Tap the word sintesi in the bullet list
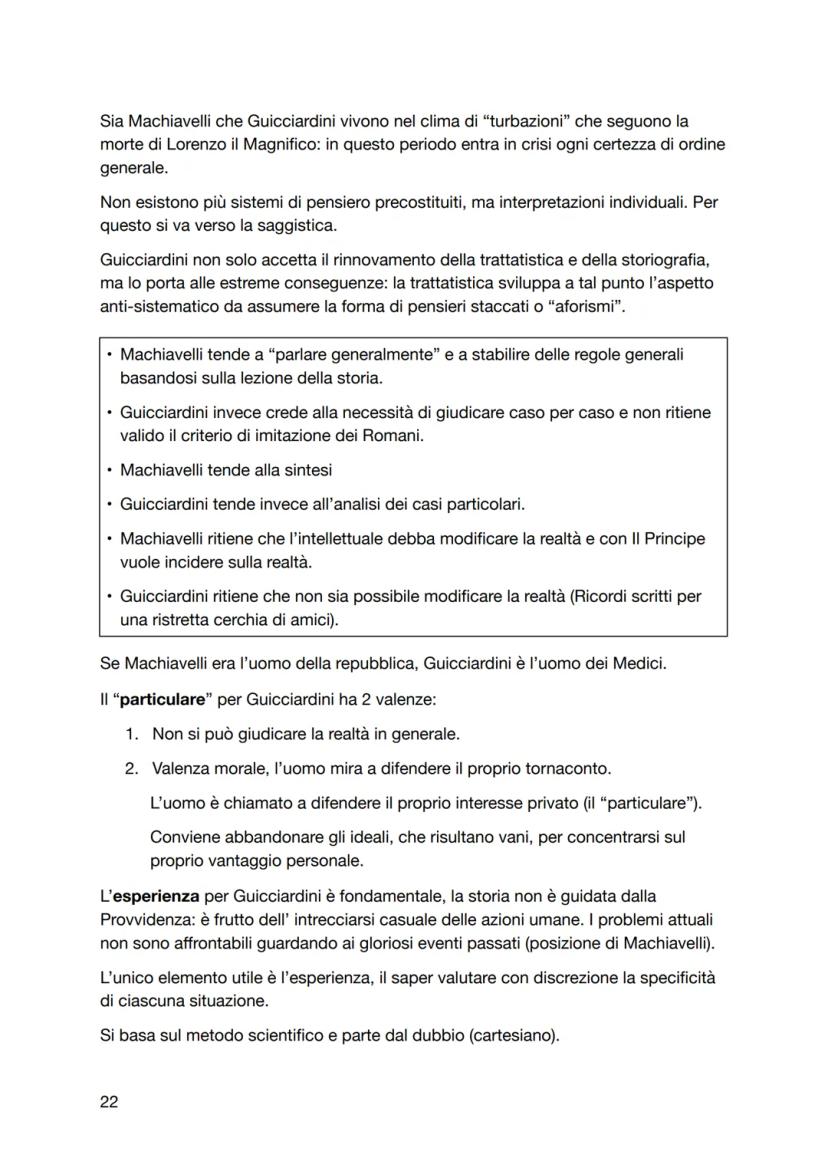tap(305, 469)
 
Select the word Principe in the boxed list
tap(674, 538)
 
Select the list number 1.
tap(131, 733)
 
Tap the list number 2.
tap(131, 768)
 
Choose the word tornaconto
tap(563, 768)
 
